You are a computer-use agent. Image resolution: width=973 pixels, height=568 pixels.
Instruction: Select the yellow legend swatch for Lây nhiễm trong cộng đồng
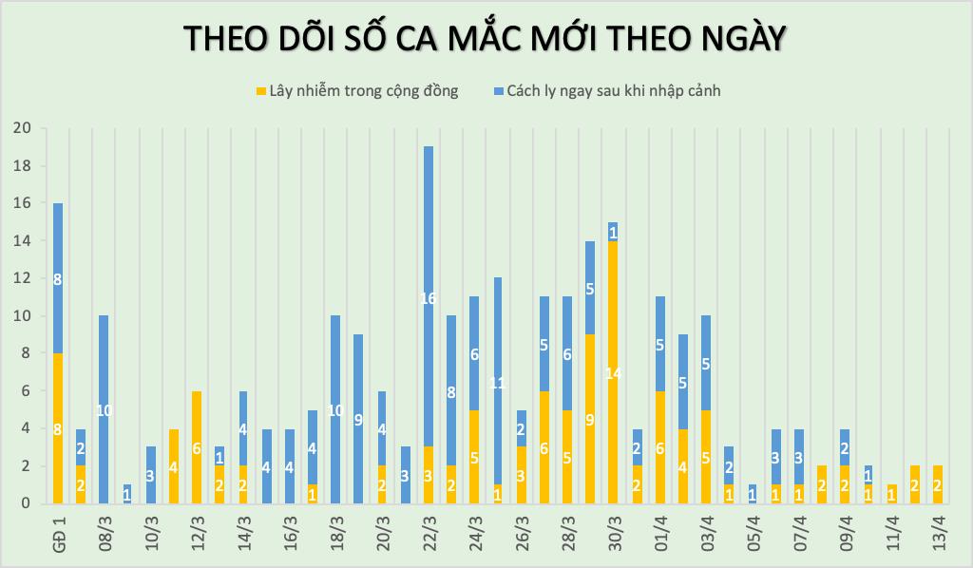tap(261, 91)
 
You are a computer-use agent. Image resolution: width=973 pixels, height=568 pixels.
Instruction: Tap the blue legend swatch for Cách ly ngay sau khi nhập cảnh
tap(499, 91)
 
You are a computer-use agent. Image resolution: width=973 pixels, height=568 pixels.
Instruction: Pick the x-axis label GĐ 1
tap(59, 533)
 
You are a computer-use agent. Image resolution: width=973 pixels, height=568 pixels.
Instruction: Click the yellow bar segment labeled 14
tap(613, 372)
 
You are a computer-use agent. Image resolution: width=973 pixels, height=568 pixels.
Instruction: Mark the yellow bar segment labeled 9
tap(590, 418)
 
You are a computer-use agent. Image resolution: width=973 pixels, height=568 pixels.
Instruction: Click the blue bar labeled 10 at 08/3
tap(105, 409)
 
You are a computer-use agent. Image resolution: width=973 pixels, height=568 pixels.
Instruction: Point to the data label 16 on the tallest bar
tap(429, 298)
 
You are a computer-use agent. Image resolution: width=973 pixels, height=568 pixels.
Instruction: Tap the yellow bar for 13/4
tap(938, 484)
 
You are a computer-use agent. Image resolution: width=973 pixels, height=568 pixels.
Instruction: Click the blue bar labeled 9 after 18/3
tap(358, 419)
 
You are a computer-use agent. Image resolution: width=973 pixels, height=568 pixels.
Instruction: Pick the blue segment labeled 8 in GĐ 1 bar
tap(59, 278)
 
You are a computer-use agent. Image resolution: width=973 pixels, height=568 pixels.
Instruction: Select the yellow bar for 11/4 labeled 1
tap(891, 494)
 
